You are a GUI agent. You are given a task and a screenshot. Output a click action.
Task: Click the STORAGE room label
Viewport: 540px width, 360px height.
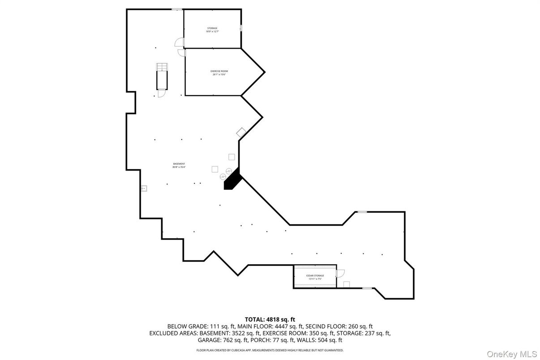coord(212,28)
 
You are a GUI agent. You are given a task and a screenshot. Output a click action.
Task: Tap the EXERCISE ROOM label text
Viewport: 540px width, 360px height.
coord(219,71)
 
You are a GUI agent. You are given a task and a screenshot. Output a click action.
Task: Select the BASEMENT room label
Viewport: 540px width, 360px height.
coord(179,164)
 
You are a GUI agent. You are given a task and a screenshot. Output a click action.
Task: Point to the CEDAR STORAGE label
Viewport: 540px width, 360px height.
coord(315,276)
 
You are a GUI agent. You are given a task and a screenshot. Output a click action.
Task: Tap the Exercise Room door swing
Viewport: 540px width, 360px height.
coord(181,52)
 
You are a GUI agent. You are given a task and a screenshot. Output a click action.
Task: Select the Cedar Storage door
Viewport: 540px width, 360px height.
coord(340,272)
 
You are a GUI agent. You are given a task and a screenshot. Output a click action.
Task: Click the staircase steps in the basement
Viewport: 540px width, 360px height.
coord(161,67)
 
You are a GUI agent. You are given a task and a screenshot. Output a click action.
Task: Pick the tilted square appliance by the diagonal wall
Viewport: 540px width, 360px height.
coord(241,132)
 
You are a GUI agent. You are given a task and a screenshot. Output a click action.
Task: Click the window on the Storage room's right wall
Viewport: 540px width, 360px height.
coord(241,28)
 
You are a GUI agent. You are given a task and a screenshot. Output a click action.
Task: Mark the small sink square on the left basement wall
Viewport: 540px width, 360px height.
coord(144,189)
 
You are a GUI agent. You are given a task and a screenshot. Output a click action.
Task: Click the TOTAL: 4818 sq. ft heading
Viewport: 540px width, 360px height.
coord(270,319)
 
